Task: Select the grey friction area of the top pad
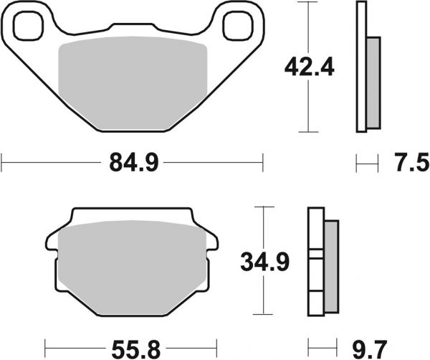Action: coord(133,82)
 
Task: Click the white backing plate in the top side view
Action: coord(360,67)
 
